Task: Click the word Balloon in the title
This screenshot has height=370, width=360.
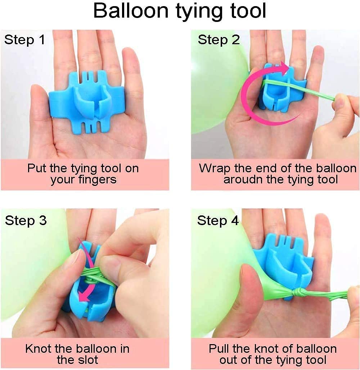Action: [x=131, y=11]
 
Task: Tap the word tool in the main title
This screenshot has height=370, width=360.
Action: [x=248, y=11]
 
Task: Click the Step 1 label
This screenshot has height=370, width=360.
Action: [x=24, y=40]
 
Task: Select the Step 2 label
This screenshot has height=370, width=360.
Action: [x=219, y=40]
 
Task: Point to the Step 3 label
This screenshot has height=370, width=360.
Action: [x=26, y=221]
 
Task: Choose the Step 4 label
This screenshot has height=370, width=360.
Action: [x=218, y=221]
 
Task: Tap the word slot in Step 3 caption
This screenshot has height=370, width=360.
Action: [x=89, y=360]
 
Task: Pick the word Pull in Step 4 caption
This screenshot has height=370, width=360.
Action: [x=219, y=349]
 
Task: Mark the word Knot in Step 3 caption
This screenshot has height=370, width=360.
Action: [x=39, y=349]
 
